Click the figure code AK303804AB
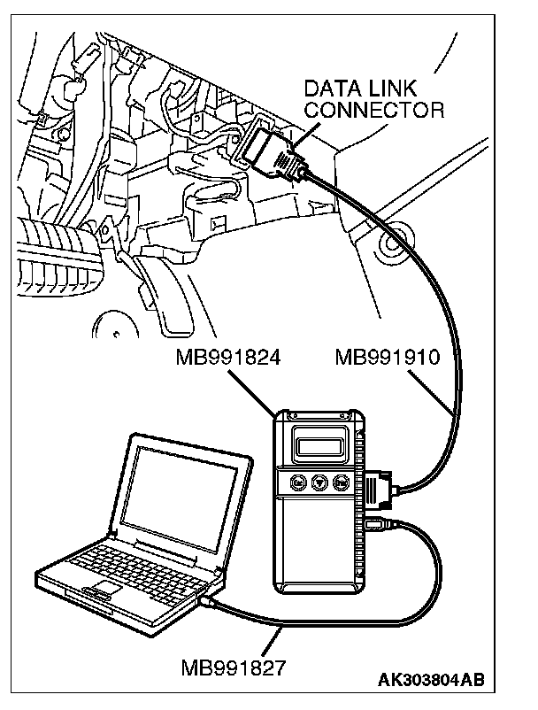pyautogui.click(x=431, y=680)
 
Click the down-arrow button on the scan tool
pyautogui.click(x=319, y=483)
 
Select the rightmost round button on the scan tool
pyautogui.click(x=342, y=483)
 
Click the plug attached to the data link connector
pyautogui.click(x=279, y=156)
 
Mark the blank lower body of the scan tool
pyautogui.click(x=318, y=549)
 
